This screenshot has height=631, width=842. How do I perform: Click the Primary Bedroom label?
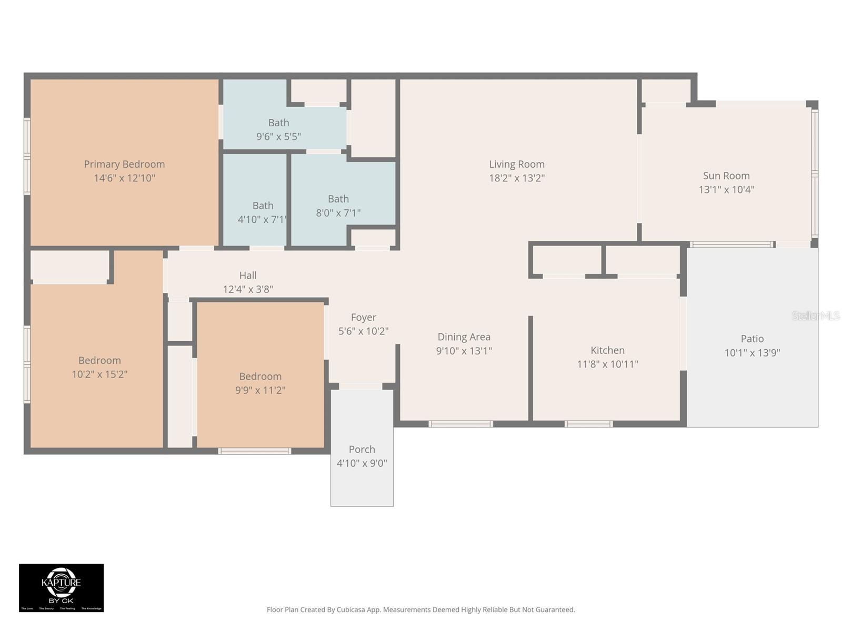coord(124,164)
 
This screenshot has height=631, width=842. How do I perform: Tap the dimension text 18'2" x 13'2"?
coord(516,178)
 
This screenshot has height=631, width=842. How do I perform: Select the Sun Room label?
coord(726,176)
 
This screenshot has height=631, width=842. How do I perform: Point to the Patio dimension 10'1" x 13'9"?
coord(751,353)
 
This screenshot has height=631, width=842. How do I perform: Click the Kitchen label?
coord(607,350)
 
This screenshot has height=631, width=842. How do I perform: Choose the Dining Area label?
coord(464,337)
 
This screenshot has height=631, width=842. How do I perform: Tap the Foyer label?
coord(363,317)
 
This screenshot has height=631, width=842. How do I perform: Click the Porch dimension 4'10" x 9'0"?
coord(362,463)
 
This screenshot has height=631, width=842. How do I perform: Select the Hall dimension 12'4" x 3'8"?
coord(247,289)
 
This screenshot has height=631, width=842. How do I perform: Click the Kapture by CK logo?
coord(61,587)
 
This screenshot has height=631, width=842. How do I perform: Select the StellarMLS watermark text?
coord(816,315)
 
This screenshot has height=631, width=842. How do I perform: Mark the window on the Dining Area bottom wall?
coord(460,424)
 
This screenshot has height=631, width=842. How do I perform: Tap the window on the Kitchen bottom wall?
coord(588,424)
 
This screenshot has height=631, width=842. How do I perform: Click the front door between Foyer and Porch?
coord(360,386)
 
